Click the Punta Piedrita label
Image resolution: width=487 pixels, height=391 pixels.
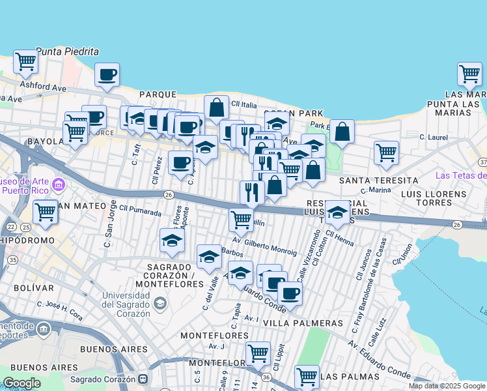[67, 51]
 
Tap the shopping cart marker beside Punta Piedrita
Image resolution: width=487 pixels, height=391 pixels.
[26, 62]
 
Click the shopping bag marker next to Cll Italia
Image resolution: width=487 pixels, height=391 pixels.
[216, 107]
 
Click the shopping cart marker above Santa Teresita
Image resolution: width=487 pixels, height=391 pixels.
[386, 152]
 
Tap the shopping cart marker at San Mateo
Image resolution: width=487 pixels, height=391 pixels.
[45, 212]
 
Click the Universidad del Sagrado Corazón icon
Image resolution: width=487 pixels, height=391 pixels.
[160, 302]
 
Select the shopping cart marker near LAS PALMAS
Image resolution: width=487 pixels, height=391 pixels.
[307, 376]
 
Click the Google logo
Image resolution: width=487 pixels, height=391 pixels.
[21, 383]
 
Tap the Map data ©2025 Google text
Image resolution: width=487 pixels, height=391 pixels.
[447, 386]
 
